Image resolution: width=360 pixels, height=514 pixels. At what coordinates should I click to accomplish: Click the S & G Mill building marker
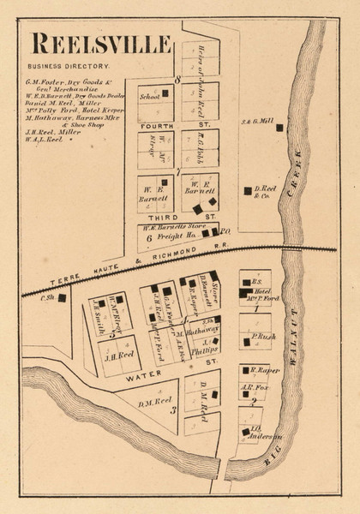[x=279, y=127]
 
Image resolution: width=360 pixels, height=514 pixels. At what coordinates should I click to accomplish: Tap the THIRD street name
[x=153, y=218]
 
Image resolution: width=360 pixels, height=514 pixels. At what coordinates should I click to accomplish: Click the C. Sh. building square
[x=61, y=298]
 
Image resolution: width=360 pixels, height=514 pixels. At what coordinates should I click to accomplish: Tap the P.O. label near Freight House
[x=226, y=231]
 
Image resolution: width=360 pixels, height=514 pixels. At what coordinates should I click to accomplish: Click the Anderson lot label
[x=256, y=433]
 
